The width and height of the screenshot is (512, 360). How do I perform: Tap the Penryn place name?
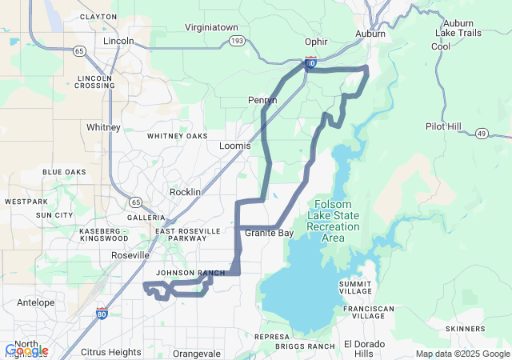pyautogui.click(x=262, y=100)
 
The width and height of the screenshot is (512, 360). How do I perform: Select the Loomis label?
pyautogui.click(x=235, y=146)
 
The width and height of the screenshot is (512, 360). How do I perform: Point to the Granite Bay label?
pyautogui.click(x=269, y=233)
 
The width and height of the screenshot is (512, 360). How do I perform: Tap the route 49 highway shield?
pyautogui.click(x=482, y=133)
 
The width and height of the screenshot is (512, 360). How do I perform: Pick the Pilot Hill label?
pyautogui.click(x=443, y=126)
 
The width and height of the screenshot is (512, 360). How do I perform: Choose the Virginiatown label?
pyautogui.click(x=212, y=26)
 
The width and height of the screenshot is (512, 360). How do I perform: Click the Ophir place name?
pyautogui.click(x=317, y=42)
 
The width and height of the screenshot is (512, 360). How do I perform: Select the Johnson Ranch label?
pyautogui.click(x=190, y=273)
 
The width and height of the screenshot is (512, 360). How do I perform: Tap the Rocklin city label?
pyautogui.click(x=186, y=193)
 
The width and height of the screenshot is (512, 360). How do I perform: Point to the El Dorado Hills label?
pyautogui.click(x=364, y=349)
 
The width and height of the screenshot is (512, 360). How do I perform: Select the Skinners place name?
pyautogui.click(x=466, y=329)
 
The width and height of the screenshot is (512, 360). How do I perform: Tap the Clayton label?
pyautogui.click(x=98, y=16)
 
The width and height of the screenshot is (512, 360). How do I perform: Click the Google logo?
pyautogui.click(x=26, y=350)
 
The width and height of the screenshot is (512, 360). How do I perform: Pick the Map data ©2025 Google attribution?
pyautogui.click(x=462, y=354)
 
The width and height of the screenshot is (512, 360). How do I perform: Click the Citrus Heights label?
pyautogui.click(x=111, y=352)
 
